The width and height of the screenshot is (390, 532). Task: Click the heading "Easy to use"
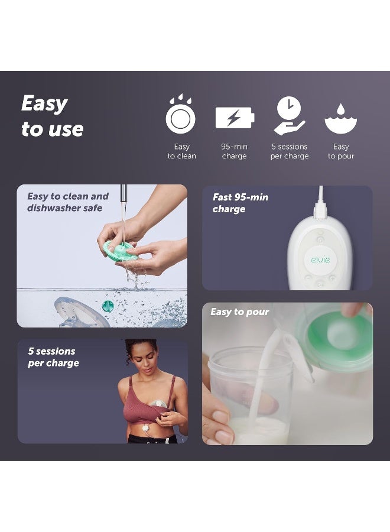pos(52,116)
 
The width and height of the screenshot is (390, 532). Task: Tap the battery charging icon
pos(235,118)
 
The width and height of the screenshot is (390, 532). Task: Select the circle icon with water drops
pos(181,116)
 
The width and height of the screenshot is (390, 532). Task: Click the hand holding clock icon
pos(289,116)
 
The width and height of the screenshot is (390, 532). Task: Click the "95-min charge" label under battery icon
pos(235,151)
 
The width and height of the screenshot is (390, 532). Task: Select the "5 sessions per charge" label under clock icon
pos(290,151)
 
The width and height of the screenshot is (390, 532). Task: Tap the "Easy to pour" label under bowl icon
pos(341,151)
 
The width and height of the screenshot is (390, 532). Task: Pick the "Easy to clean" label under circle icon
pos(181,151)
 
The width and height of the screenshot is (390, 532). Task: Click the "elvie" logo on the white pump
pos(320,259)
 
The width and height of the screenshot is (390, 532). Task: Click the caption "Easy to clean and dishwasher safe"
pos(68,202)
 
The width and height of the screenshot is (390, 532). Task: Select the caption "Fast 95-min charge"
pos(240,203)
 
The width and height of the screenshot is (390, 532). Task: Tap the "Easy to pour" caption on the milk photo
pos(239,312)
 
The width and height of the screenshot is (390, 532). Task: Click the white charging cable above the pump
pos(321,200)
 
